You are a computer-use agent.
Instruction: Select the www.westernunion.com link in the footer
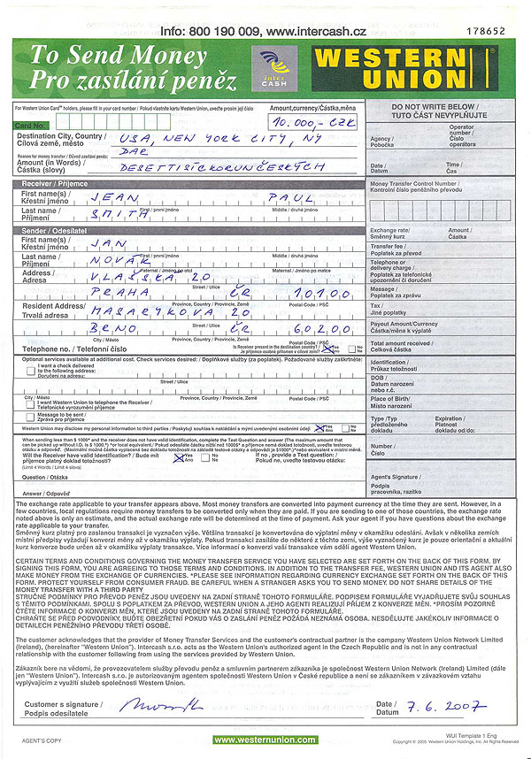[x=264, y=740]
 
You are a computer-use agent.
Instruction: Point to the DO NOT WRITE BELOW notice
[x=439, y=111]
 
